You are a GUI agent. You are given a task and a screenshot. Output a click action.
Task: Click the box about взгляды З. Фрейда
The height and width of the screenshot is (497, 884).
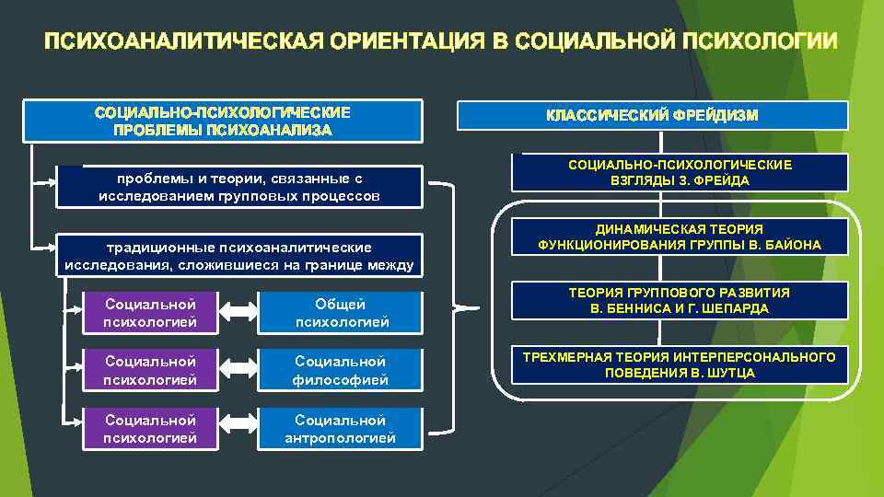pyautogui.click(x=680, y=172)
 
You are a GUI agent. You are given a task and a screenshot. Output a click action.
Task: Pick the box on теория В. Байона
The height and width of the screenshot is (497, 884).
pyautogui.click(x=680, y=237)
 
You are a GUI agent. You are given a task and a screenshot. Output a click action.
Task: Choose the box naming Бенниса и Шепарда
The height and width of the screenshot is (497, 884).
pyautogui.click(x=680, y=301)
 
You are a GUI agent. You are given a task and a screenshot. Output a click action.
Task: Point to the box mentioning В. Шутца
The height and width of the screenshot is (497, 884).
pyautogui.click(x=680, y=364)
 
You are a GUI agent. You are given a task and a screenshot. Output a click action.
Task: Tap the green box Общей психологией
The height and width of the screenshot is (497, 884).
pyautogui.click(x=340, y=313)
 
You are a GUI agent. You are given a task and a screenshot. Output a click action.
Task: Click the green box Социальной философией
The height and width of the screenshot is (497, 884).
pyautogui.click(x=340, y=370)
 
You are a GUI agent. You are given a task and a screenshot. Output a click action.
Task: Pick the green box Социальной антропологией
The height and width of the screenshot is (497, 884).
pyautogui.click(x=340, y=429)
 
